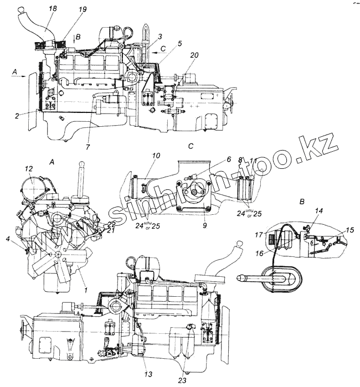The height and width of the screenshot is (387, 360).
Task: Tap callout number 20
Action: (x=194, y=55)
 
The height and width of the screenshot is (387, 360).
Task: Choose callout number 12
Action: (x=29, y=168)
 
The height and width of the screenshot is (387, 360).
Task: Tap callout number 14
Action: (x=318, y=211)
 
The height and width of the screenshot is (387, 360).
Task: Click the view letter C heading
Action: (x=190, y=147)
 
